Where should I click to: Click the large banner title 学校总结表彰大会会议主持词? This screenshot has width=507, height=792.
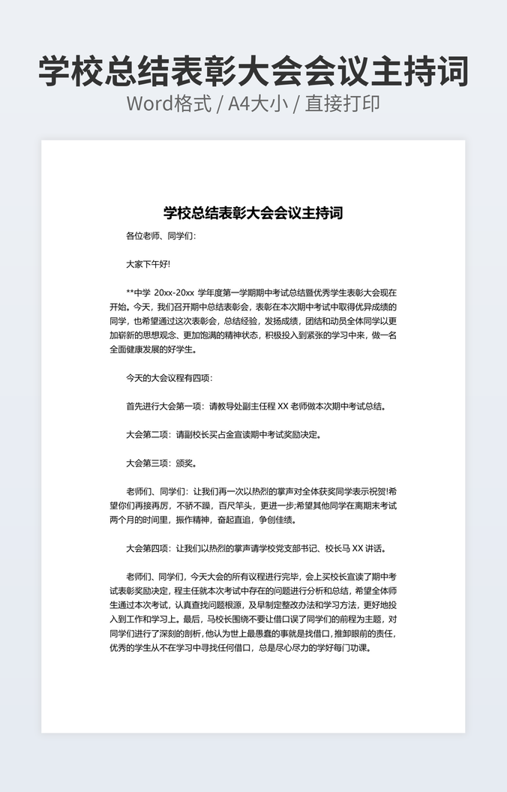[253, 70]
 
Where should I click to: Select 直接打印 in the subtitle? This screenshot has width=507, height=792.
[342, 103]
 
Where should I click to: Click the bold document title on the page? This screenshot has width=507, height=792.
[253, 213]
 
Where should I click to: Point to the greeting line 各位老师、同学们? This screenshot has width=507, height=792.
[161, 235]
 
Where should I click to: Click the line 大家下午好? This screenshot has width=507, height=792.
[148, 264]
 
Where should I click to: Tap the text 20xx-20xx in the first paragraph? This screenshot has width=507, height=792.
[174, 292]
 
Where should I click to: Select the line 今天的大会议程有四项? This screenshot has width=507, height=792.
[169, 378]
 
